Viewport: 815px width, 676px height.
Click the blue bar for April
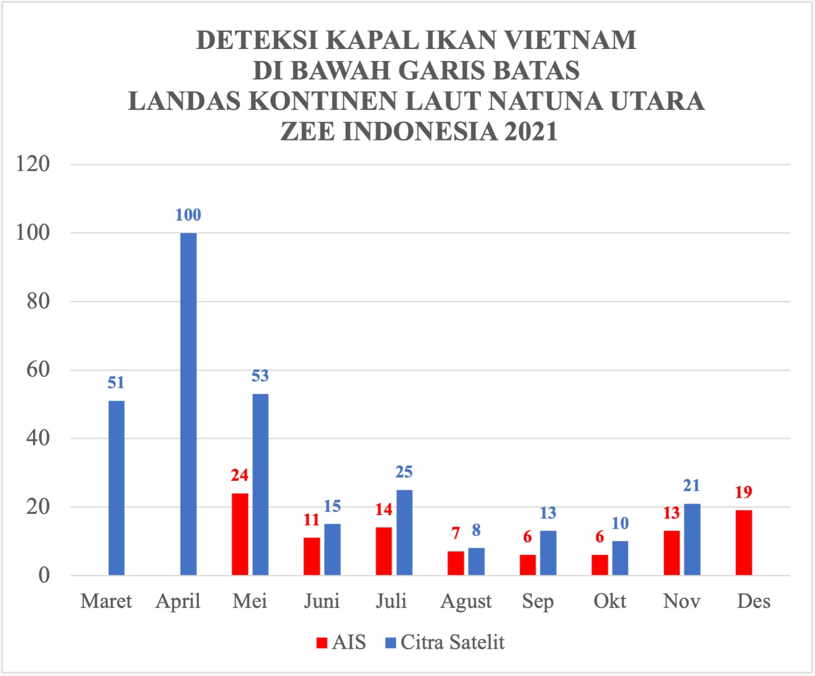coord(188,404)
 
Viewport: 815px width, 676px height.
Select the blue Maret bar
coord(117,488)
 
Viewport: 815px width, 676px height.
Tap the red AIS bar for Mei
coord(240,534)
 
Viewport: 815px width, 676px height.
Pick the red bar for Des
coord(744,542)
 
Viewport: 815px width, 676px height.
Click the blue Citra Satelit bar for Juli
coord(404,532)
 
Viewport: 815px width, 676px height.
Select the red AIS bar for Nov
coord(672,553)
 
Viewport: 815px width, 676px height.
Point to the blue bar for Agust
coord(476,562)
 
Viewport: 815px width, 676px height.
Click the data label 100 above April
coord(188,215)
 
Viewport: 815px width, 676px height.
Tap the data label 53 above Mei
coord(260,376)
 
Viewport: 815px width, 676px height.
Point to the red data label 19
coord(743,492)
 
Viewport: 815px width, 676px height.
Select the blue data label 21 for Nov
coord(691,486)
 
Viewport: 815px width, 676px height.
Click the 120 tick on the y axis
coord(33,164)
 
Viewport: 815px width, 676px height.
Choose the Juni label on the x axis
coord(322,601)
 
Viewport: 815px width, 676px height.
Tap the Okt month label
coord(610,601)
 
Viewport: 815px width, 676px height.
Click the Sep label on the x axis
coord(537,602)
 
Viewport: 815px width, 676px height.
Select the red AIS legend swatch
coord(322,643)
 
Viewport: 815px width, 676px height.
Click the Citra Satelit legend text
coord(452,642)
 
